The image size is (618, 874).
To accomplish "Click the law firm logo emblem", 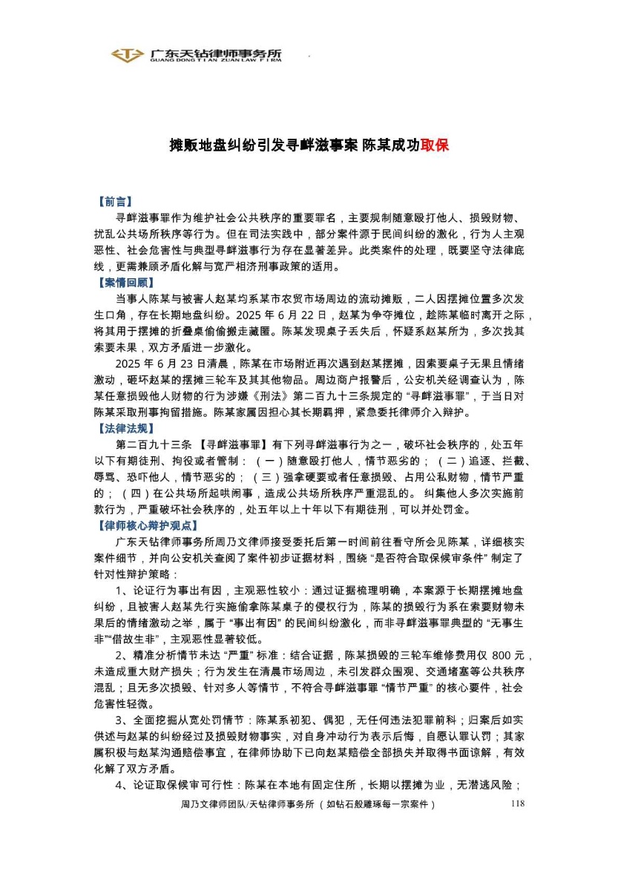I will click(x=128, y=55).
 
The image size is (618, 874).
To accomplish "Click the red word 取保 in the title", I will click(x=435, y=145).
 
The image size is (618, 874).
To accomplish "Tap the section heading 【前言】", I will click(x=115, y=201).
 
